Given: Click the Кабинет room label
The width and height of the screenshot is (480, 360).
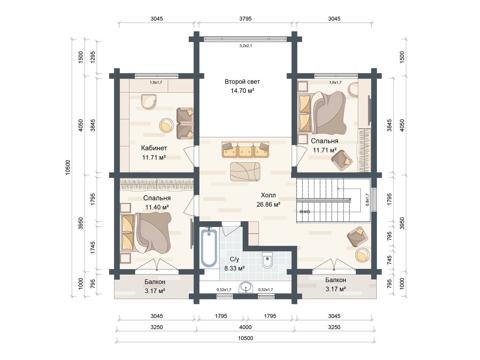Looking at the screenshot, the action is click(x=154, y=148).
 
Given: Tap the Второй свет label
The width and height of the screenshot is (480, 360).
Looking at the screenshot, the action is click(x=242, y=82).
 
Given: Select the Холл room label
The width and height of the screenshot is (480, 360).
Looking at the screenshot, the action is click(x=268, y=195).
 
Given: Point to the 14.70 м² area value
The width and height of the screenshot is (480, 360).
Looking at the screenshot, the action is click(x=242, y=91).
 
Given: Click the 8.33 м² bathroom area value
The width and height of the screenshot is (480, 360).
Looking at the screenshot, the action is click(x=234, y=268).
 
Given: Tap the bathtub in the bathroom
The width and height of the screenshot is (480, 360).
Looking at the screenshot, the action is click(x=209, y=247).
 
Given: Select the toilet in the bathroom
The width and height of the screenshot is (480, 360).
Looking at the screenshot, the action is click(x=267, y=260).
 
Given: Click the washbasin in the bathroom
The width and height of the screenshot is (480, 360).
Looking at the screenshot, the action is click(x=246, y=287).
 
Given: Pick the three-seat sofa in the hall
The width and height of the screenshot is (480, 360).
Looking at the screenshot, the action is click(x=245, y=149).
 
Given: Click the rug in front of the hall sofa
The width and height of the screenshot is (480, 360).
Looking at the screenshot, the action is click(x=245, y=172).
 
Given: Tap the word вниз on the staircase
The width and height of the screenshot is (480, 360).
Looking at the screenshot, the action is click(x=305, y=211).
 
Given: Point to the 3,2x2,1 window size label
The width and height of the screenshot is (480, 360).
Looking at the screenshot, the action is click(x=246, y=46).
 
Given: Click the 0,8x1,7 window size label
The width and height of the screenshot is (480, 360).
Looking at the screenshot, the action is click(x=367, y=199).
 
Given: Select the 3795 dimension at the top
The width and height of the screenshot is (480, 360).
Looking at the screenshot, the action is click(x=245, y=19).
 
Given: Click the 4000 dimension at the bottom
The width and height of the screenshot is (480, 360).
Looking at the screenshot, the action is click(x=245, y=327).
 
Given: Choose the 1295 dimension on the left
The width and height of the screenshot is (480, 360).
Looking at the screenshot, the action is click(x=93, y=57).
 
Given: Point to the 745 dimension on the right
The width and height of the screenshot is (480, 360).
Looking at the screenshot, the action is click(x=389, y=260).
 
